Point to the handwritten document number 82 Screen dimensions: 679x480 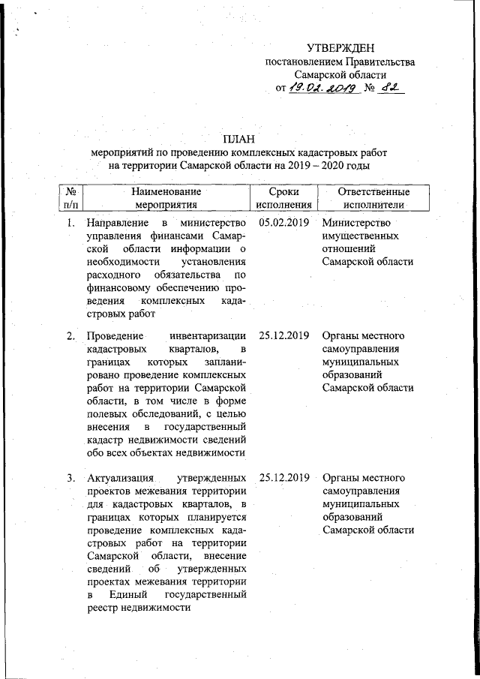391,89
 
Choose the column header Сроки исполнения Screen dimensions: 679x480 283,197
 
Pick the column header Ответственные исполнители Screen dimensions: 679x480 373,197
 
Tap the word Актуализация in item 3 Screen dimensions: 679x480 121,478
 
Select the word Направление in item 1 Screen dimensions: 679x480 116,224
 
